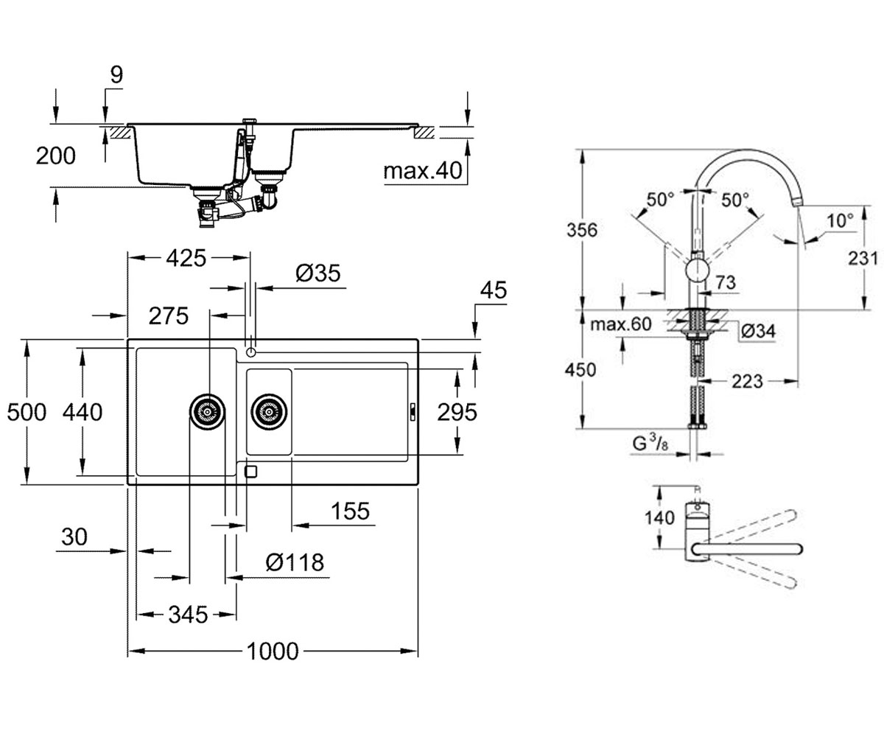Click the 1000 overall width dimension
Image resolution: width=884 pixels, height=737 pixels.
[273, 651]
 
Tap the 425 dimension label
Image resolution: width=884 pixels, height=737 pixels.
[186, 258]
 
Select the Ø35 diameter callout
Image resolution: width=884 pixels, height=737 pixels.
[318, 273]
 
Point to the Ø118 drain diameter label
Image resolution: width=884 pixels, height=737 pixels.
[295, 562]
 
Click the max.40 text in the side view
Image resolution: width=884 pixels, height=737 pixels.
[423, 171]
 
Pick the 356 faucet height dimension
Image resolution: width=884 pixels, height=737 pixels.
[582, 230]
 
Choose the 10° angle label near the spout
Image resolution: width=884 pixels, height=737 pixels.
[841, 220]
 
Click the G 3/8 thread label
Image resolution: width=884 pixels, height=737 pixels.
[650, 444]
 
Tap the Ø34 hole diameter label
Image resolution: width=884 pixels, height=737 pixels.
[758, 331]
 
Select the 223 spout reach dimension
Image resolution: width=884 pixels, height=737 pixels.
[747, 382]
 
